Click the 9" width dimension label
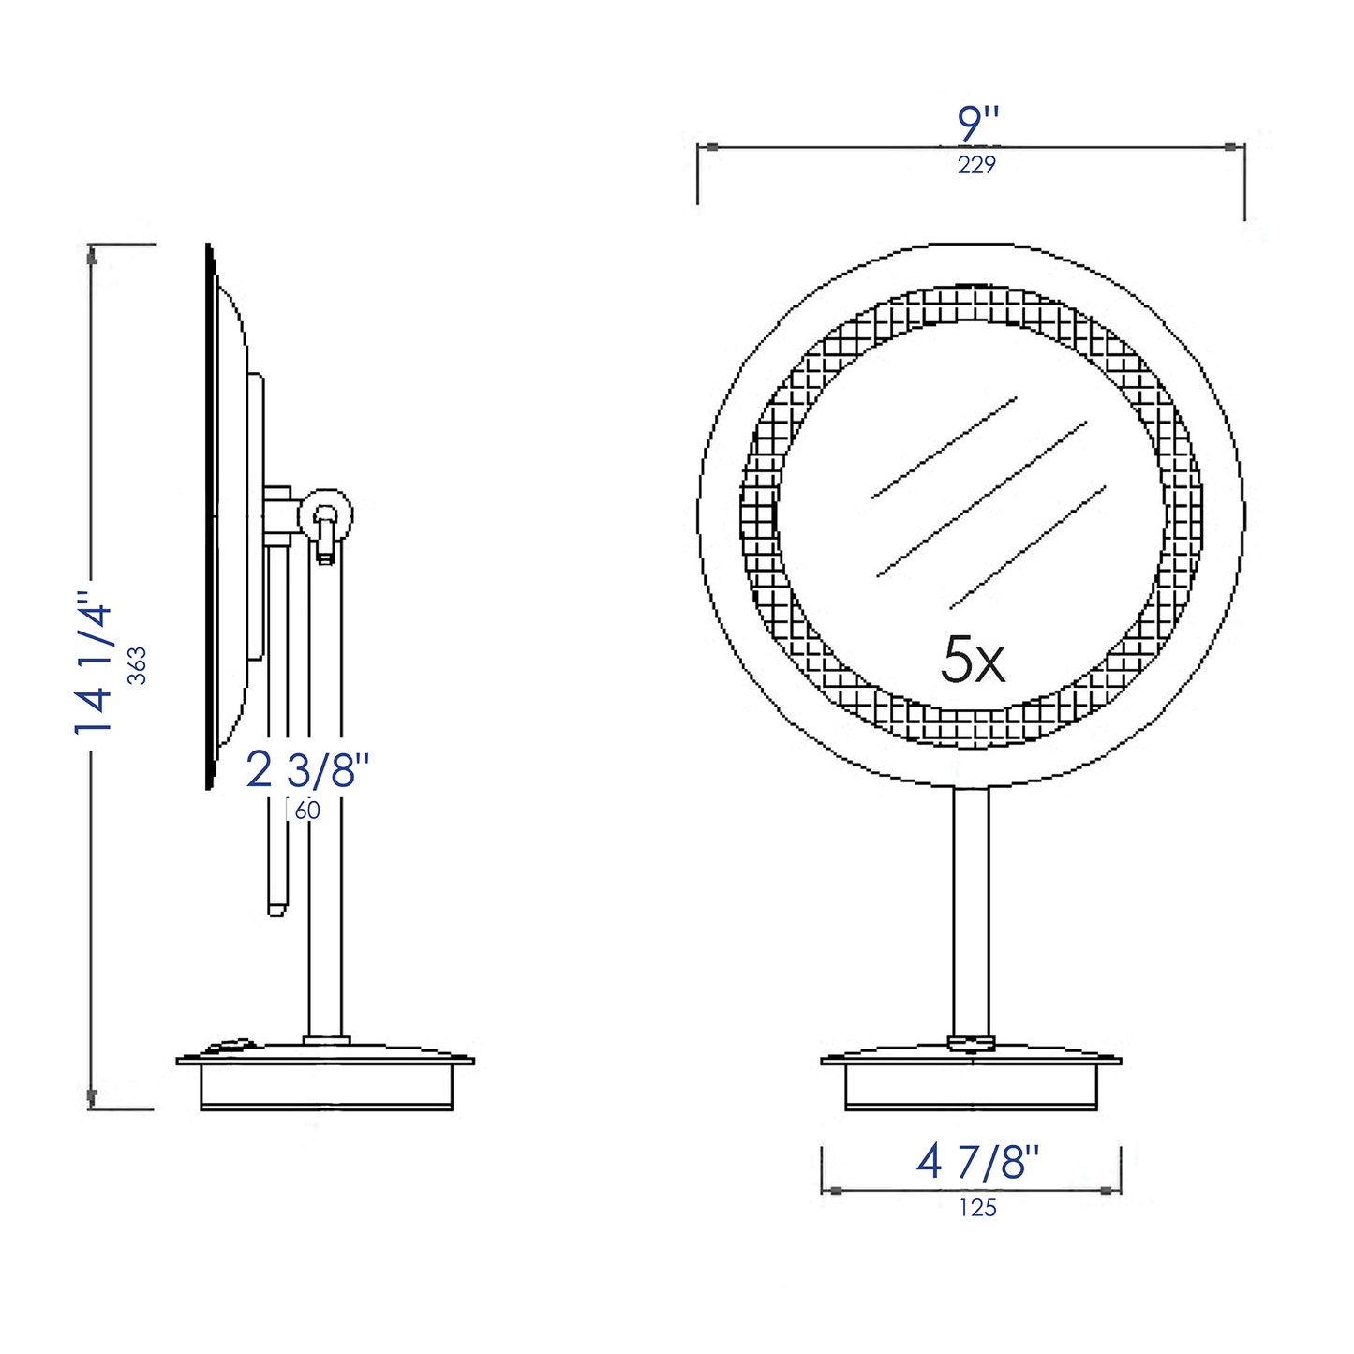point(978,125)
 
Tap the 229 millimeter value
point(976,165)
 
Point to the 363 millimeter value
point(138,665)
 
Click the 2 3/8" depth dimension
point(307,771)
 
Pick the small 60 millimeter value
point(307,811)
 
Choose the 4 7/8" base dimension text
point(977,1163)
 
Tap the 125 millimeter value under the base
point(977,1208)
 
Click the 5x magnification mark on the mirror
point(973,661)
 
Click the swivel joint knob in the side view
point(325,515)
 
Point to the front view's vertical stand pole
point(971,909)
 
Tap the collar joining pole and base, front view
point(971,1042)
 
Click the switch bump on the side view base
point(231,1046)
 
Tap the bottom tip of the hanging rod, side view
point(275,910)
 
